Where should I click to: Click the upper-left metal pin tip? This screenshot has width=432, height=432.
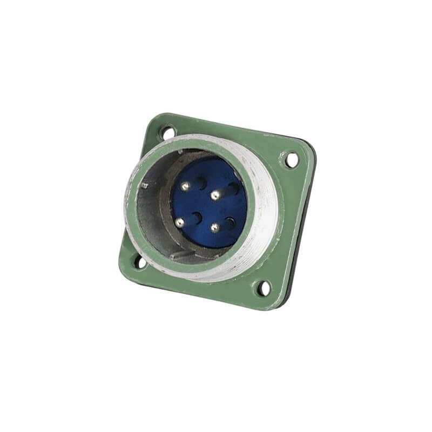point(185,186)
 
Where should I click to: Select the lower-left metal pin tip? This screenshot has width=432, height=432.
point(179,221)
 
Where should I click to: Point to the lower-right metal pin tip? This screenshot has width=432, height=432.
point(214,228)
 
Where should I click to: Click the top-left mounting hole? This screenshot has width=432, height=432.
point(167,131)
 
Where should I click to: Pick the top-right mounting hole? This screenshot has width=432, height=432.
point(291,160)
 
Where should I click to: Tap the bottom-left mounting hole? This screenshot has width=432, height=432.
point(139,263)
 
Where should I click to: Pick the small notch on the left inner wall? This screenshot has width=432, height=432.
point(144,186)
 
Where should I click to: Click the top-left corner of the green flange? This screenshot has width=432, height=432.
point(154,115)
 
